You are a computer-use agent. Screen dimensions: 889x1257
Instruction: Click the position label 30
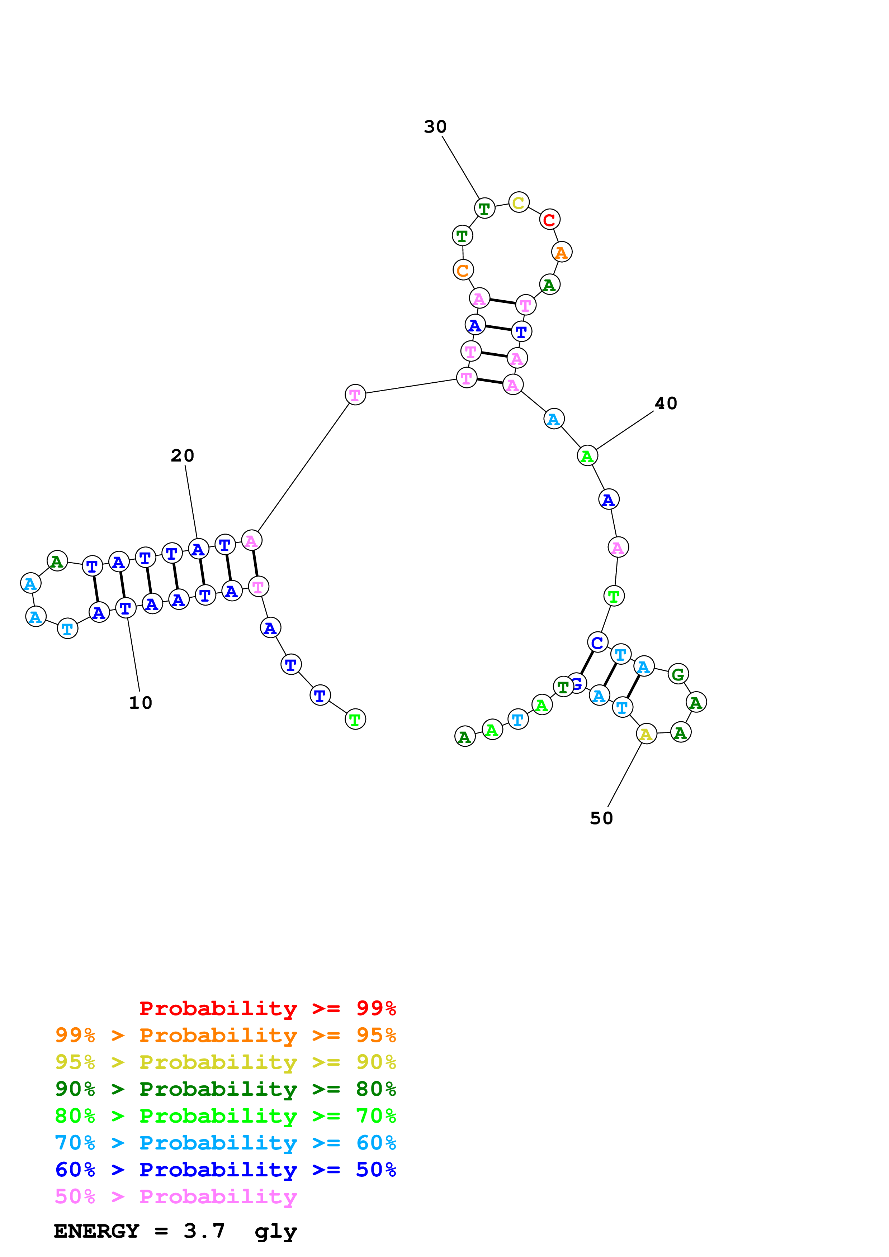pos(435,127)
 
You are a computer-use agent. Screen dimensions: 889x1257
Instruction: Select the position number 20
pos(183,455)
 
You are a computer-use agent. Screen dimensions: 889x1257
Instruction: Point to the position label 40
pos(666,403)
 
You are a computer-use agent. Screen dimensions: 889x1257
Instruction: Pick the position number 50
pos(601,818)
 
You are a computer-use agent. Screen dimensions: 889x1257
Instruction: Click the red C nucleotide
pos(549,220)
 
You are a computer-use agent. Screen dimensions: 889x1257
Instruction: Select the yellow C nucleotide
pos(518,202)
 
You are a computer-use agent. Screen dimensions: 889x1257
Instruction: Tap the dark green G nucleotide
pos(678,674)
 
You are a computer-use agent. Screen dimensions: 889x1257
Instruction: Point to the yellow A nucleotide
pos(646,734)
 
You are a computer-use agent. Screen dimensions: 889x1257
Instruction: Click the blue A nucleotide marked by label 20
pos(198,549)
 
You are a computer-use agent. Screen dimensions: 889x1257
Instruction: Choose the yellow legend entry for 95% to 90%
pos(225,1062)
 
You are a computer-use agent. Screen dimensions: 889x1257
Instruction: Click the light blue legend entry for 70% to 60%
pos(225,1143)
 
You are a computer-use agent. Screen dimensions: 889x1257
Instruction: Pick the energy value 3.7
pos(204,1231)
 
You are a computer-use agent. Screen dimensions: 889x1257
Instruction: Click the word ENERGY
pos(96,1231)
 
